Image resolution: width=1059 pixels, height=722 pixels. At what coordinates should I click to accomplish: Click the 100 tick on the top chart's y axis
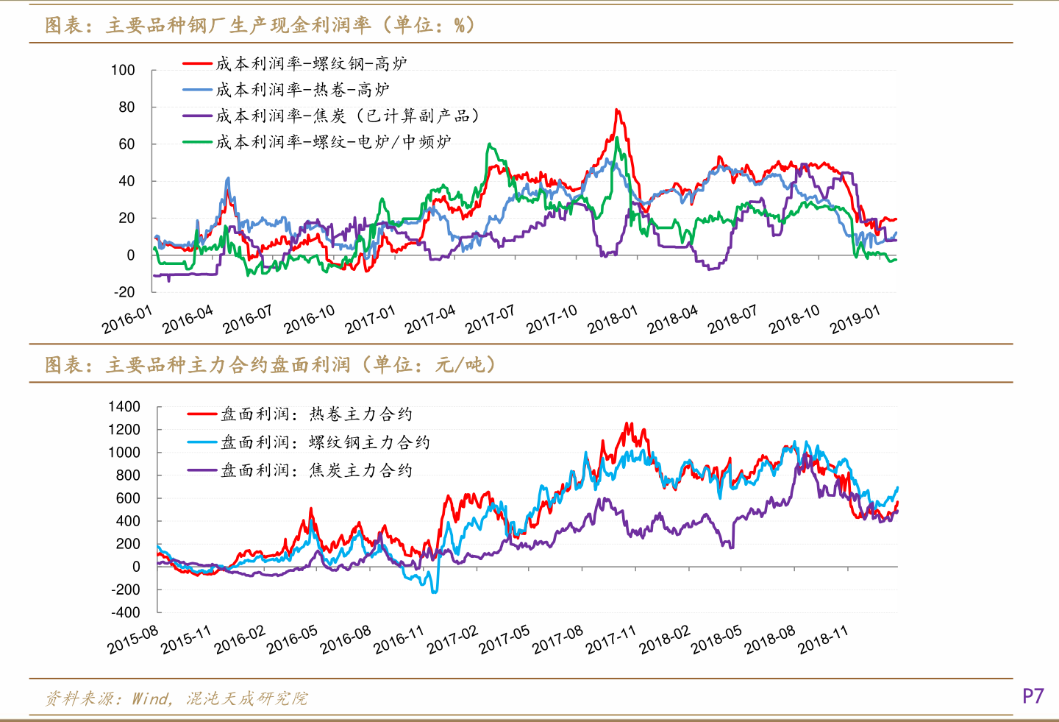[123, 71]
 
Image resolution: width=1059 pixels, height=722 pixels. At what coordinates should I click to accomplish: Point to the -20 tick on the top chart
[124, 292]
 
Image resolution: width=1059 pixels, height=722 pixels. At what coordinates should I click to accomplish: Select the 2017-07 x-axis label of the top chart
[491, 320]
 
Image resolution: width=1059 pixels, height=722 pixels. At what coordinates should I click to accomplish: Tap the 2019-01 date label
[855, 320]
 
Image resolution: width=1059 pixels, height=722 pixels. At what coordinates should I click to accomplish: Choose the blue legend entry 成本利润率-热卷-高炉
[302, 90]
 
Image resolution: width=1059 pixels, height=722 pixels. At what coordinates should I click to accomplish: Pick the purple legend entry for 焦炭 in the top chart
[346, 116]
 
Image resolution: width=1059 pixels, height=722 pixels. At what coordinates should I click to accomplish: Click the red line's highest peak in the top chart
[617, 110]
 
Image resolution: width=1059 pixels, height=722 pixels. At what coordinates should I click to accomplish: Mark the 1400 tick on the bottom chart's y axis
[124, 407]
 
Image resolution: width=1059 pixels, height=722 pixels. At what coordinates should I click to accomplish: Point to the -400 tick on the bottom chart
[125, 612]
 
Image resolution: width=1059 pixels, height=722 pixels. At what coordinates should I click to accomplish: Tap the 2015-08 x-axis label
[133, 640]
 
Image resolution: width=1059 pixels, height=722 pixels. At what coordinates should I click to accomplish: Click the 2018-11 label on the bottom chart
[824, 640]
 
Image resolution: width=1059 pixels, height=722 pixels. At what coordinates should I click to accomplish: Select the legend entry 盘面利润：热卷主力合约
[316, 414]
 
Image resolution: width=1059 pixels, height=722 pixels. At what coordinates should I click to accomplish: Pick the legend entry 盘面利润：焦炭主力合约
[316, 470]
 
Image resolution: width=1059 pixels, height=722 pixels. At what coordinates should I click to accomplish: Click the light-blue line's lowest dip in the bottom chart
[435, 592]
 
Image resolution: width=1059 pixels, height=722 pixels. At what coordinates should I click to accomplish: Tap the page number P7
[1033, 696]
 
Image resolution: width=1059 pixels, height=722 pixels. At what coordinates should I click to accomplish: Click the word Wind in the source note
[151, 698]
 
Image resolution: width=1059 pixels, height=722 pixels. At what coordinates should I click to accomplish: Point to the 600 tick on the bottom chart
[127, 498]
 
